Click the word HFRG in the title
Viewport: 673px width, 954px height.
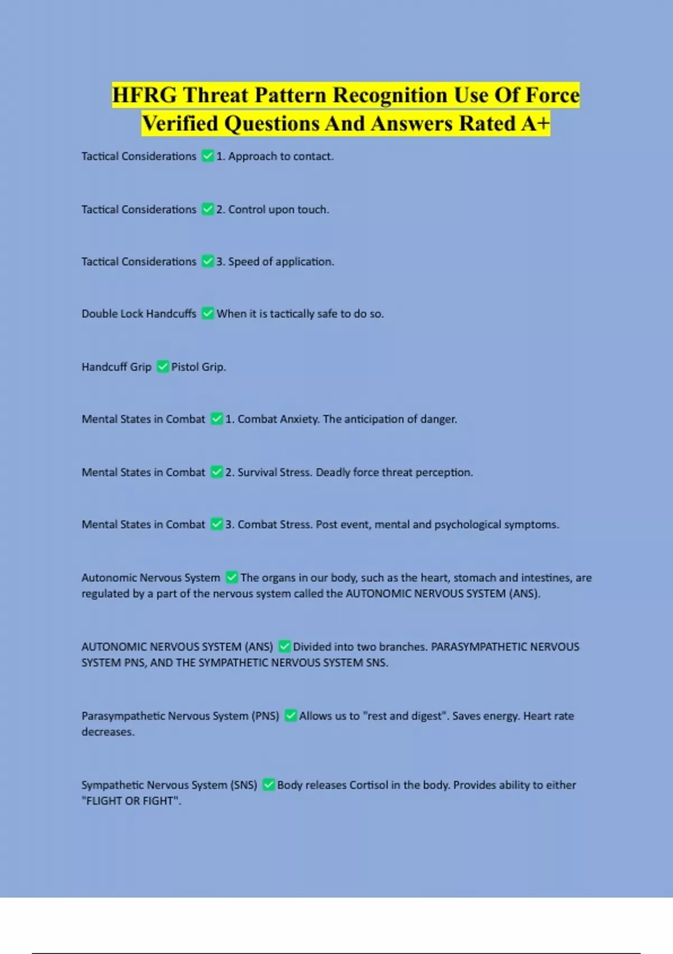tap(144, 95)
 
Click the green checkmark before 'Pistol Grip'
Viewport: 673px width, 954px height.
tap(163, 366)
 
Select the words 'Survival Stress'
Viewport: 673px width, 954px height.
tap(274, 473)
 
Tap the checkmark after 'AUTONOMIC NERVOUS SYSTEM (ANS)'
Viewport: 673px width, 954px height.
tap(284, 646)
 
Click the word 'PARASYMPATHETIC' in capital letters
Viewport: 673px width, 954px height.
tap(478, 646)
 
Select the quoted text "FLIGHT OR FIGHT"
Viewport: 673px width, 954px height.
tap(131, 801)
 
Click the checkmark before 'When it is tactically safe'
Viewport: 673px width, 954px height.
tap(208, 313)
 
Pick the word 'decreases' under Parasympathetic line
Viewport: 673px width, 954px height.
tap(108, 732)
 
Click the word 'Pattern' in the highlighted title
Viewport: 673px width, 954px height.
tap(291, 95)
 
